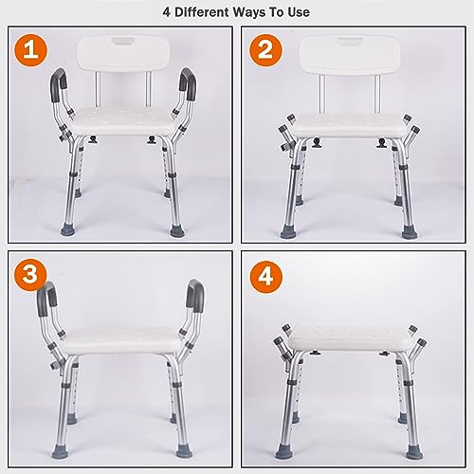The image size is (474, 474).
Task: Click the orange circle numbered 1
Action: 30,50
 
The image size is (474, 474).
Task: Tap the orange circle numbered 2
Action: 265,50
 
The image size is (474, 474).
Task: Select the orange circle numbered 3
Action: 30,274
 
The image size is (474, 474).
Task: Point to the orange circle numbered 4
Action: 265,277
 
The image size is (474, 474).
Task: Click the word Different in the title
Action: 202,12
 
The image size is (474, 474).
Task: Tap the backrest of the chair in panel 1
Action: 124,54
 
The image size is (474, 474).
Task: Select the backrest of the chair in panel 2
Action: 350,55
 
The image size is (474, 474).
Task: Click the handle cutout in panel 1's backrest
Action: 123,42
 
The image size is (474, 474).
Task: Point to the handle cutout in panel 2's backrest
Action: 350,42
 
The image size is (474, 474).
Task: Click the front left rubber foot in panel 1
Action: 68,228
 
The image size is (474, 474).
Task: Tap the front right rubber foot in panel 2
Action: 410,231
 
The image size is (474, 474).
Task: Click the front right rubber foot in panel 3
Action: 184,450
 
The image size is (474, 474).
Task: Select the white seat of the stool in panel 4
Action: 350,338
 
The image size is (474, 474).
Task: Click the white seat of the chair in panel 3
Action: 121,340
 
